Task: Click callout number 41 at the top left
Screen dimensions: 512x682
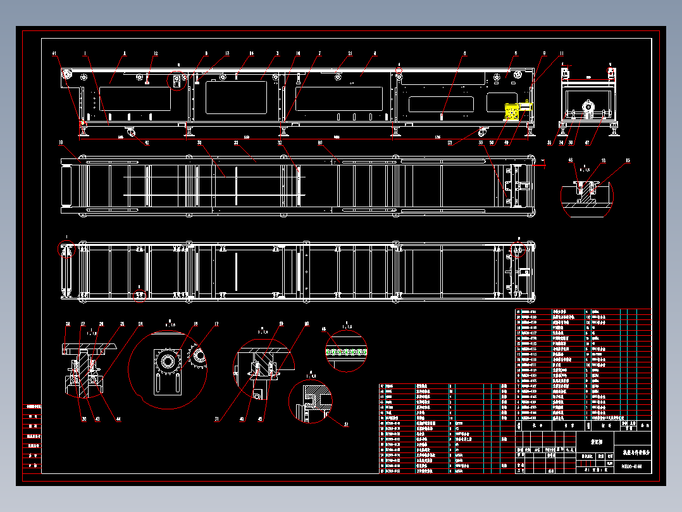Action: (x=54, y=53)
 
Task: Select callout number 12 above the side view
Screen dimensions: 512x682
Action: (x=156, y=53)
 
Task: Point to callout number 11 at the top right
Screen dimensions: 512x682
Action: (x=561, y=53)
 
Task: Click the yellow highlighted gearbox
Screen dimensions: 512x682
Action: (x=512, y=112)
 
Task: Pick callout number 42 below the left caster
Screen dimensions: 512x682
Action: (x=147, y=143)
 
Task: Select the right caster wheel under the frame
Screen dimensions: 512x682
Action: (x=484, y=132)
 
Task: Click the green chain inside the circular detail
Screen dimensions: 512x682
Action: (x=346, y=350)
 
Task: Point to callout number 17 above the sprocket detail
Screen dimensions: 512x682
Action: (x=216, y=324)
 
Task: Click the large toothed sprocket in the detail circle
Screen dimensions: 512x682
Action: (x=168, y=362)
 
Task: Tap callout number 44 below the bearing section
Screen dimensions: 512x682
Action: (x=117, y=418)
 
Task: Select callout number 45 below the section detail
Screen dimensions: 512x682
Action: (x=261, y=418)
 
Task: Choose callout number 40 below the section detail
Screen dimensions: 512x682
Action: (x=242, y=418)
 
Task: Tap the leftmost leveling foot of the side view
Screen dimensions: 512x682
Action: (x=83, y=131)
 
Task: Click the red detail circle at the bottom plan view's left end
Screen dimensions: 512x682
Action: (x=66, y=249)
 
